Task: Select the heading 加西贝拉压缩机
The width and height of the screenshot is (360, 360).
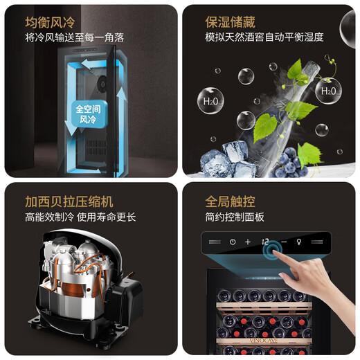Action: click(x=69, y=202)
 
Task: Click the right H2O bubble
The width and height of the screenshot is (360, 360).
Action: click(x=328, y=90)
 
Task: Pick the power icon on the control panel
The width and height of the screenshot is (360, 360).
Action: click(x=233, y=242)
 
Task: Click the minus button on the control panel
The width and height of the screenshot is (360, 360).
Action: click(x=283, y=242)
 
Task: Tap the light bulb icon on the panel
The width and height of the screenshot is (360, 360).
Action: click(x=300, y=242)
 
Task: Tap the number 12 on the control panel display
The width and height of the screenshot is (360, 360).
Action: click(x=266, y=242)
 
